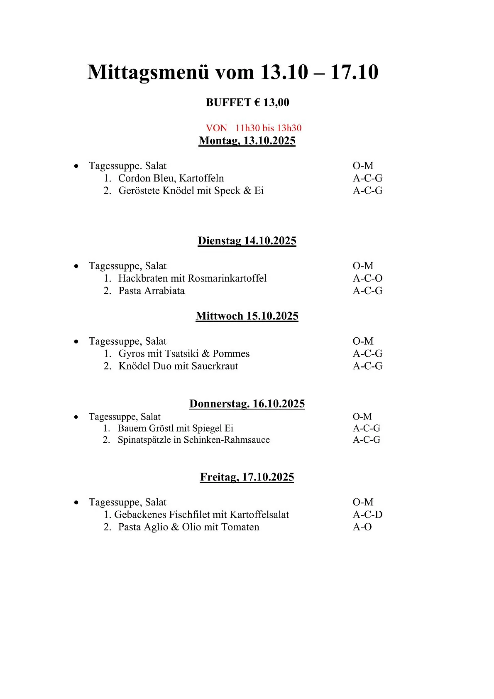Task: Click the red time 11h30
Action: pos(247,128)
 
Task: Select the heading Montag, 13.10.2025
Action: pos(247,141)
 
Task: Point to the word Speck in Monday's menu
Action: pos(227,191)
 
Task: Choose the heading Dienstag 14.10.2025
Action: pos(247,241)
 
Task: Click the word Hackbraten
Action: pos(143,278)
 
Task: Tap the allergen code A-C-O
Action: pos(367,278)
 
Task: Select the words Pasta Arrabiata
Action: pos(152,291)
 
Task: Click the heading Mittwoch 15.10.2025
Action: pos(247,316)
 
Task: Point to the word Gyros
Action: pos(132,353)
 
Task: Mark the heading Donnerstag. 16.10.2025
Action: pos(247,404)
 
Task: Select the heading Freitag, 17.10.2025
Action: pos(247,477)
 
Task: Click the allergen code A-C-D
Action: pos(367,515)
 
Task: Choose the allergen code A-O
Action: pos(362,527)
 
